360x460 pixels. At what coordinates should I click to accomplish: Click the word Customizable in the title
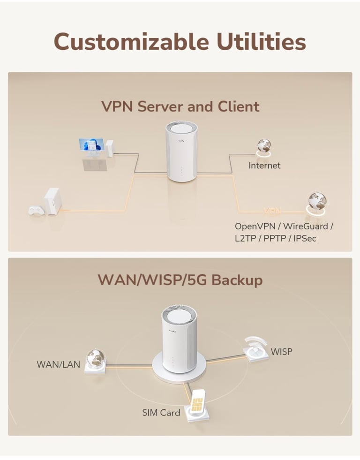click(131, 41)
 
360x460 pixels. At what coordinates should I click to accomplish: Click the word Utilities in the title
click(262, 41)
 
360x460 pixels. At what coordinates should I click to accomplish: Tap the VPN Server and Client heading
click(180, 106)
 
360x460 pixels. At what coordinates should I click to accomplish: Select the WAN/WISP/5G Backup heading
click(180, 279)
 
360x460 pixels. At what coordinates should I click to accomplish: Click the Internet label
click(264, 166)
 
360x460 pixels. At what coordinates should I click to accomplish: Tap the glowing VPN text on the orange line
click(272, 211)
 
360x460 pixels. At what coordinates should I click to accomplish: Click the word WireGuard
click(306, 226)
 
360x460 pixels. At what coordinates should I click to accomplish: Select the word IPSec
click(305, 238)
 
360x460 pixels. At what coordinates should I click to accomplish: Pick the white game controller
click(37, 211)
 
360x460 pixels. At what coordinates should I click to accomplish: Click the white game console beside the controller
click(52, 201)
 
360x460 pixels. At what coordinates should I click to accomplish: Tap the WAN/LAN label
click(58, 364)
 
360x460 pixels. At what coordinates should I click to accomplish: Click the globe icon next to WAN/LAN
click(95, 361)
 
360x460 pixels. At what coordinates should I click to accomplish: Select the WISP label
click(281, 352)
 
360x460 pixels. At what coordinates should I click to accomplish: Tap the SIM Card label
click(161, 413)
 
